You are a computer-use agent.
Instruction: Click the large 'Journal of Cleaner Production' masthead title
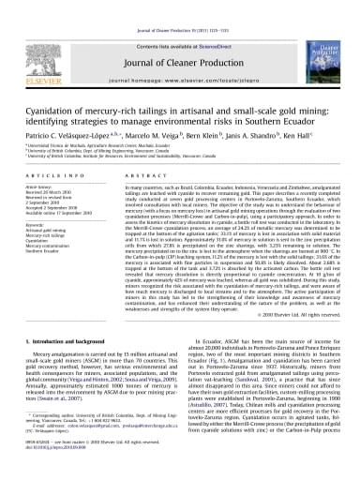click(x=178, y=37)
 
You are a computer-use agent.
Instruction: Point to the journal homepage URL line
click(x=178, y=57)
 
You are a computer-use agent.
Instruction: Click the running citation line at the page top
click(x=180, y=6)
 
